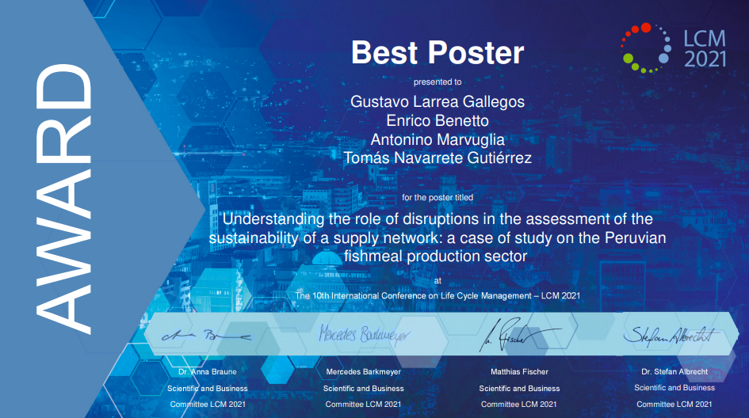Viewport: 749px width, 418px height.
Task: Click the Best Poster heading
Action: [438, 52]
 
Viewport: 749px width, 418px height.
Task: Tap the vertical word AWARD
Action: [63, 199]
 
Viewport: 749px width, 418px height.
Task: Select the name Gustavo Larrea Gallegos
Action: [438, 101]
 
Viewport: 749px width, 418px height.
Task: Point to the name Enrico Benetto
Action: [438, 120]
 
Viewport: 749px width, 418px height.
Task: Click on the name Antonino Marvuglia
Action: [438, 139]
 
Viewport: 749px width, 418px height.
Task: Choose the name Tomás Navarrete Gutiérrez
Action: [438, 158]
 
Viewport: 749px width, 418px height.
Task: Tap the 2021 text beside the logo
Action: [705, 59]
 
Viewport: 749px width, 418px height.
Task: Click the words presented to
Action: [438, 82]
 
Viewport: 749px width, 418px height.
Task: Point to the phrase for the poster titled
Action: [438, 198]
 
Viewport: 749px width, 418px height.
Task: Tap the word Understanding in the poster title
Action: [273, 219]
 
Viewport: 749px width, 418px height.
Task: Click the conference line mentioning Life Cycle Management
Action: [438, 296]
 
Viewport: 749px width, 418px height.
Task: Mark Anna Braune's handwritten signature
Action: [206, 336]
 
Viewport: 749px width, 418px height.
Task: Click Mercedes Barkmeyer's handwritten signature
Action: [364, 335]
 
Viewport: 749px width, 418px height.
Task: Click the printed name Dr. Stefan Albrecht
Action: [674, 372]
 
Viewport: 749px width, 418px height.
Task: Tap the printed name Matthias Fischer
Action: [519, 372]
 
